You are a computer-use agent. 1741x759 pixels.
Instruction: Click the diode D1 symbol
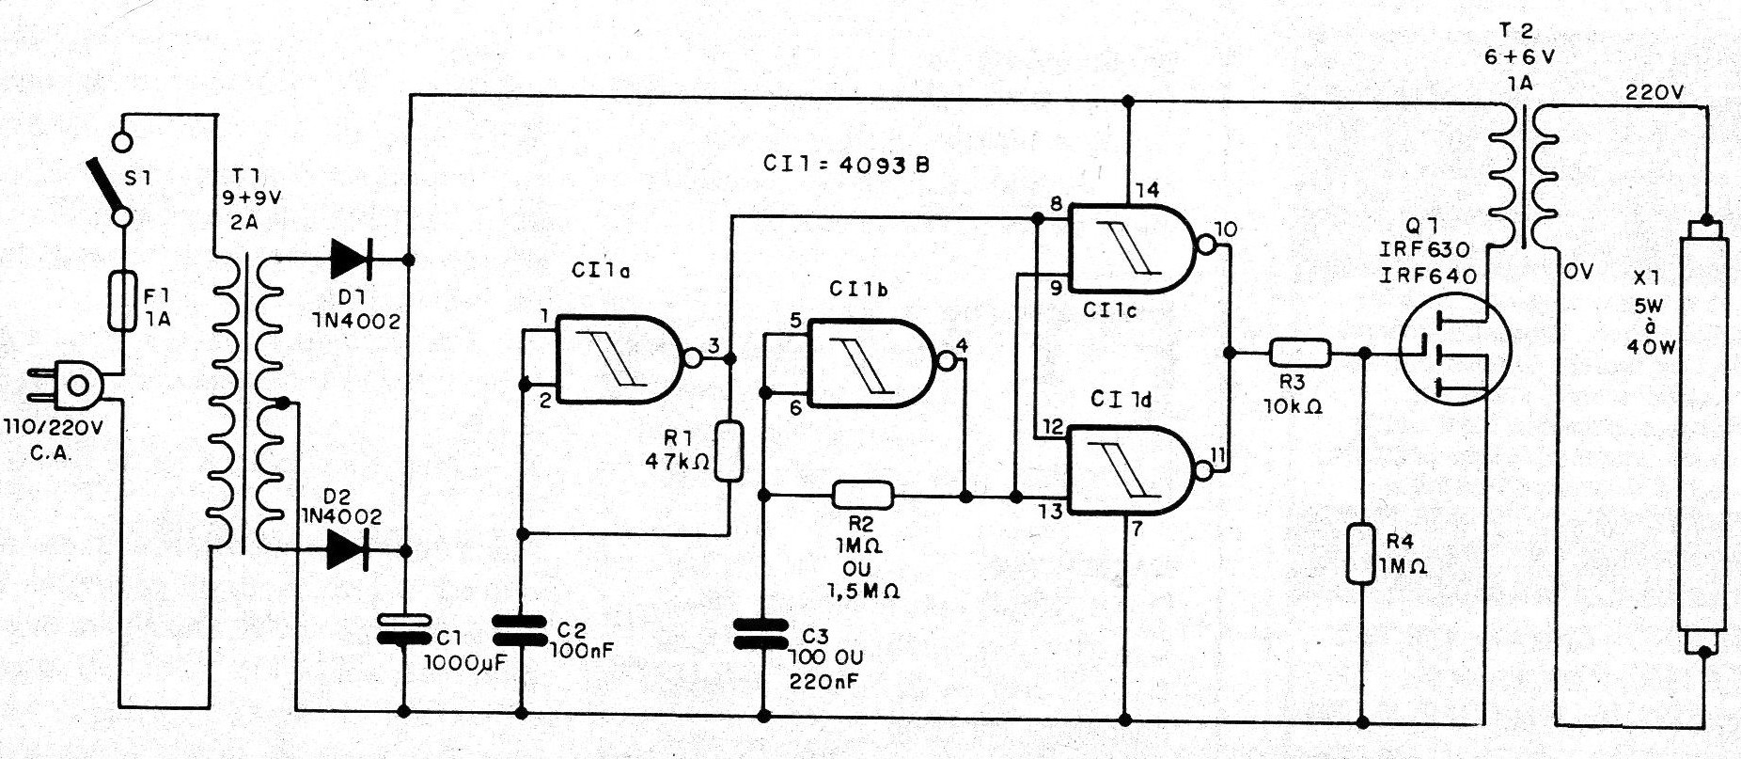(351, 257)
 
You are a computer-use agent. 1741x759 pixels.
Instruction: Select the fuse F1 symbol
(123, 300)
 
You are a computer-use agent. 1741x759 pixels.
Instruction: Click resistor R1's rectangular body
(729, 451)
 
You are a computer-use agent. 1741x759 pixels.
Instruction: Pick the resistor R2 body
(863, 495)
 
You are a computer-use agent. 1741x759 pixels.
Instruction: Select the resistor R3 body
(1300, 353)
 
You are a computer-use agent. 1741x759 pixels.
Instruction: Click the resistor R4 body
(1362, 555)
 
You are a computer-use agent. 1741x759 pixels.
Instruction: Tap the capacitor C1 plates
(406, 628)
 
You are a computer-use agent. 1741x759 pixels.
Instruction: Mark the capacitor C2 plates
(520, 629)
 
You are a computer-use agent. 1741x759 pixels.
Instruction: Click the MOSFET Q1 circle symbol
(1453, 347)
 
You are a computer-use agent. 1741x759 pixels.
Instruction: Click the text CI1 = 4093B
(846, 165)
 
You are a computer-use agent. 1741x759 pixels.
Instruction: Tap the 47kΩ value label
(677, 462)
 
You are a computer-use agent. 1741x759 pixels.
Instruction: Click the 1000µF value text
(465, 662)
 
